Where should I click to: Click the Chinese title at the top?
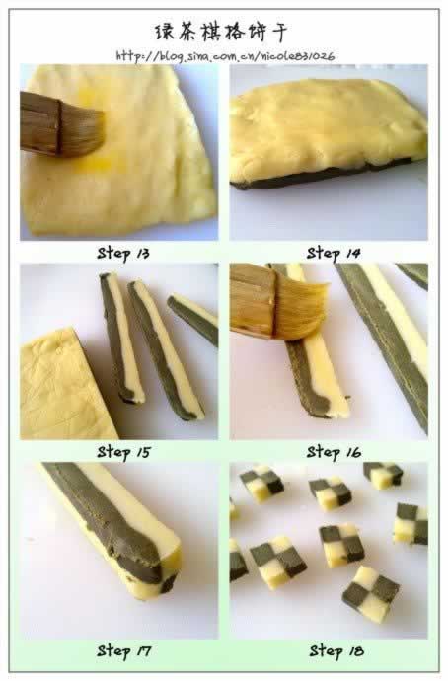221,33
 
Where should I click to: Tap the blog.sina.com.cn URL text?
225,56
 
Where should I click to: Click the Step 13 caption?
123,254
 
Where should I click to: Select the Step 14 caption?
334,254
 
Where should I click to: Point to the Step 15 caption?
123,453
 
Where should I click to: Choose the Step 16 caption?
334,453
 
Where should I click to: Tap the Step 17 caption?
123,651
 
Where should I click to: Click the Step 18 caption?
336,651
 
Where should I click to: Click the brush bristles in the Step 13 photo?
83,131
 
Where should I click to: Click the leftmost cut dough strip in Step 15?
121,338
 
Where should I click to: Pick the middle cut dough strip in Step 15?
166,350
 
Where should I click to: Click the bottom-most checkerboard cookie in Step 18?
372,593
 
